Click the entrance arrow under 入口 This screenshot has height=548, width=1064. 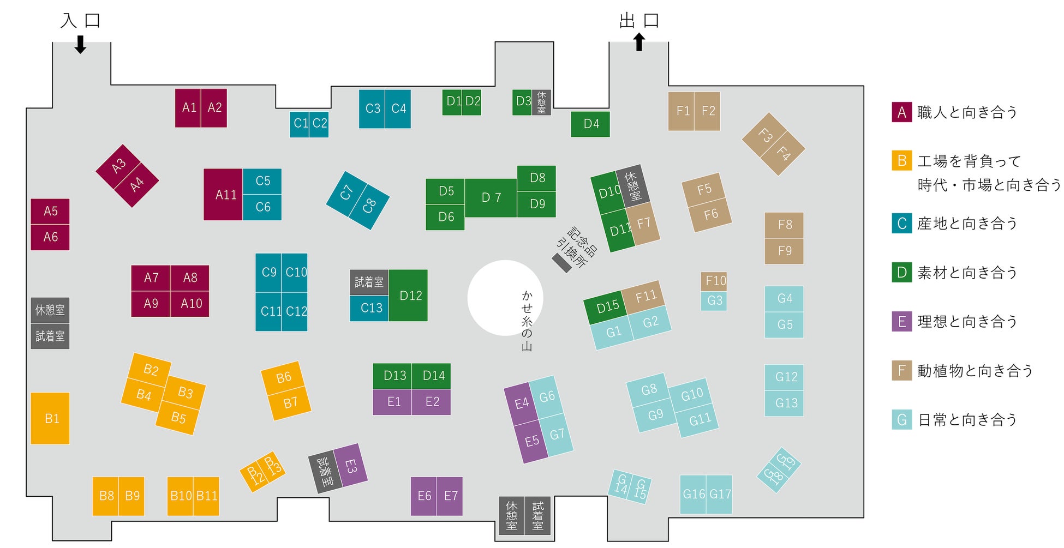tap(80, 45)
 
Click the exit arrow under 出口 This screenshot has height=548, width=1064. tap(639, 42)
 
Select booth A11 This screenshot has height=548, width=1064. tap(223, 195)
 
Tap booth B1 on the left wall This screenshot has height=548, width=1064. tap(50, 418)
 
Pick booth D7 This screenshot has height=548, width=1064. tap(491, 197)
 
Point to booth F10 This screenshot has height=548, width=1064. tap(714, 281)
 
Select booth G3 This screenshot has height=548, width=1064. tap(714, 301)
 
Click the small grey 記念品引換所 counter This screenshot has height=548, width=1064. tap(561, 263)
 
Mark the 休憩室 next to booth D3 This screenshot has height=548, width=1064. tap(541, 103)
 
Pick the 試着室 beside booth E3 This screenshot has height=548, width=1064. tap(325, 473)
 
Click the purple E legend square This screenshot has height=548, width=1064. tap(901, 321)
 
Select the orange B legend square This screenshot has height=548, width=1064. tap(901, 161)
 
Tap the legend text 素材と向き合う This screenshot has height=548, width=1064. tap(967, 273)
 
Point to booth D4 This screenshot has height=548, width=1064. tap(590, 124)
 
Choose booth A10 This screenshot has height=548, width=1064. tap(190, 304)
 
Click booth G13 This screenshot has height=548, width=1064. tap(784, 404)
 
